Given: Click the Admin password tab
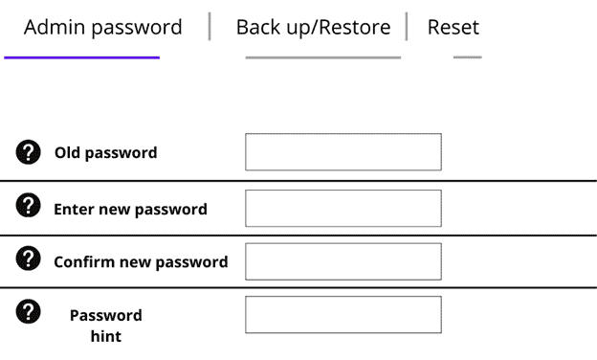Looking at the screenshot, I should coord(102,27).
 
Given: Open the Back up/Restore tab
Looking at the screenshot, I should coord(313,27).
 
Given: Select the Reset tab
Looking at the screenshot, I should coord(453,27).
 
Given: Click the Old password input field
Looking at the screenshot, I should coord(343,152).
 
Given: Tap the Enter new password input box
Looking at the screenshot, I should coord(343,209).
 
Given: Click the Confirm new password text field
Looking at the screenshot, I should coord(343,261).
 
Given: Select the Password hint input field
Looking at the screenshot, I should coord(343,315).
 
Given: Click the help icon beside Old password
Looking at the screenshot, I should coord(30,151).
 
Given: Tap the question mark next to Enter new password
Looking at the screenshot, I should coord(30,205).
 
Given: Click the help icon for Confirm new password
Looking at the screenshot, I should coord(30,259).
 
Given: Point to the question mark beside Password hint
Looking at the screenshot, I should coord(30,311).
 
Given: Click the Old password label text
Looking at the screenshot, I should coord(105,152).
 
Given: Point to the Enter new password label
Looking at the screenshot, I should coord(130,209).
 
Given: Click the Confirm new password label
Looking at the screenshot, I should coord(141,261).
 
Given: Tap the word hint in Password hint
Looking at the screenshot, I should coord(105,336).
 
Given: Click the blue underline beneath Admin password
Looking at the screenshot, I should coord(81,57).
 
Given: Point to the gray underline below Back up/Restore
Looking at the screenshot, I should coord(322,57).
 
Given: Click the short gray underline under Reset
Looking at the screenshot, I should coord(467,57).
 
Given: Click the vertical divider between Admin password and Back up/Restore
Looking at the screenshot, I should coord(209,27).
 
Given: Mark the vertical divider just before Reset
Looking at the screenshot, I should coord(407,27).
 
